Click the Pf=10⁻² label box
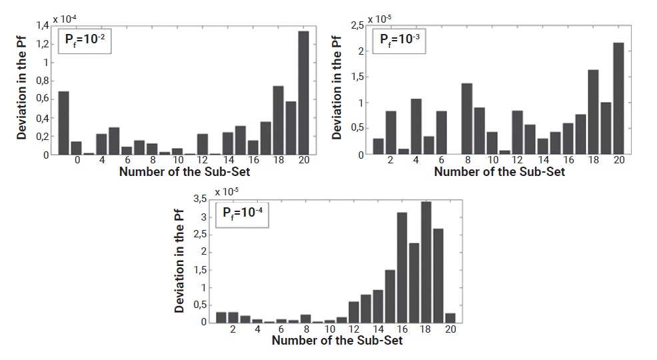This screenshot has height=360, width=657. click(83, 41)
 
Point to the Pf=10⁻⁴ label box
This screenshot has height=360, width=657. click(243, 215)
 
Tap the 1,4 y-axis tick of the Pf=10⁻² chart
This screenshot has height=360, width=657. click(42, 25)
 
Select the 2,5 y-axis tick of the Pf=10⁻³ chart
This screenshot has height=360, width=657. click(356, 25)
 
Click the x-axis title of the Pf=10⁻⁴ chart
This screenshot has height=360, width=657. click(336, 340)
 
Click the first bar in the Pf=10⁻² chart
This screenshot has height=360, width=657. click(64, 123)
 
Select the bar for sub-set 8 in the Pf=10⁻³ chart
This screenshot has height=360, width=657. click(466, 119)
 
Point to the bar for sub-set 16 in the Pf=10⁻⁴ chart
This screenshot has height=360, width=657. click(402, 267)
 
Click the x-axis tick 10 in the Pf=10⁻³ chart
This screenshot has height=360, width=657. click(492, 161)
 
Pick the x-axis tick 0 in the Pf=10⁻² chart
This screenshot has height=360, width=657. click(77, 161)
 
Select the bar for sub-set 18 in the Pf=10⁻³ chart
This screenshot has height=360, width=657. click(593, 112)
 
